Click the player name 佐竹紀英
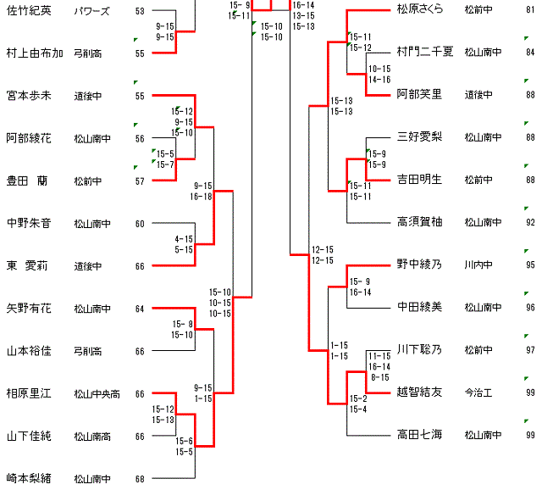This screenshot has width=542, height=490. (x=30, y=10)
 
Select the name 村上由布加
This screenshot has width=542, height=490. (x=35, y=53)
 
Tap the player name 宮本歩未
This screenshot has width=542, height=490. (x=30, y=96)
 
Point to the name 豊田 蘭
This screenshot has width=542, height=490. (x=27, y=181)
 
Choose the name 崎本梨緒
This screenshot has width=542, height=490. (x=30, y=478)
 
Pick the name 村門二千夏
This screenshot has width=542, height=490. (x=425, y=52)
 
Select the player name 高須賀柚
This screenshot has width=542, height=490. (x=420, y=222)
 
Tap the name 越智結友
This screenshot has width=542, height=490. (x=420, y=393)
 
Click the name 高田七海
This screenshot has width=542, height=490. (x=420, y=436)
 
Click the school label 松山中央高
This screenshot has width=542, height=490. (x=97, y=393)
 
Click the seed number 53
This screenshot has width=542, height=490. (x=140, y=11)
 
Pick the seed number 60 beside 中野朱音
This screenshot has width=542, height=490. (x=140, y=224)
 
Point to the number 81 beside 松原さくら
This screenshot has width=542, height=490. (x=530, y=10)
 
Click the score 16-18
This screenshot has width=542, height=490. (x=202, y=196)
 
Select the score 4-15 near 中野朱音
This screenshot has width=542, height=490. (x=184, y=239)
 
